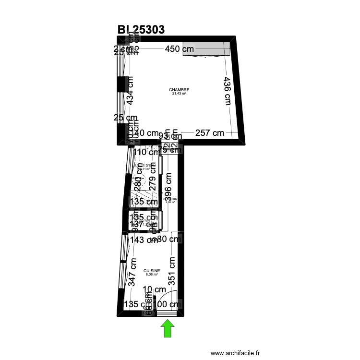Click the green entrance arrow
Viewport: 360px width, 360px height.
tap(167, 329)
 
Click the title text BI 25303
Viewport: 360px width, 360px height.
tap(141, 30)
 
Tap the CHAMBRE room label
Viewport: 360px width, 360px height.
tap(179, 90)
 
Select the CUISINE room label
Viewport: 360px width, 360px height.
tap(152, 271)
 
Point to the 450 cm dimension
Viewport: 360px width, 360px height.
tap(180, 49)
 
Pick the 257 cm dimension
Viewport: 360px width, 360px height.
tap(209, 133)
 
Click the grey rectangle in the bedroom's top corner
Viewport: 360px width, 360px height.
tap(205, 50)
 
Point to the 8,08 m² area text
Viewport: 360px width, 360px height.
tap(152, 275)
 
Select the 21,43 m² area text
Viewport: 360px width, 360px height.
tap(179, 94)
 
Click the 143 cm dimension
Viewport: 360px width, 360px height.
tap(144, 240)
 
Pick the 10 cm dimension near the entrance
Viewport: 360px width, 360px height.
tap(155, 289)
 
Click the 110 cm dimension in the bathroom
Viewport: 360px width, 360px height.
tap(145, 152)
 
